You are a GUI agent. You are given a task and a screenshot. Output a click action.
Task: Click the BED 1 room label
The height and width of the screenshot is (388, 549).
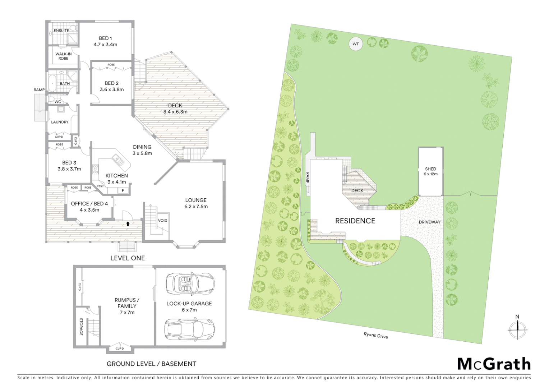point(105,41)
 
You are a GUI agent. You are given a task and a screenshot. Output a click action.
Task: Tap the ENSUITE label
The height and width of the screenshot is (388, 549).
point(61,31)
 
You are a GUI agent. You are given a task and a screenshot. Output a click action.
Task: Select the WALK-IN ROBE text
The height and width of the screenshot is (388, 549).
point(63,56)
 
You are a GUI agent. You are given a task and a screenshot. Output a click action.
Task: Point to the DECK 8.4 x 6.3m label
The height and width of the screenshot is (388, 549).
point(175,108)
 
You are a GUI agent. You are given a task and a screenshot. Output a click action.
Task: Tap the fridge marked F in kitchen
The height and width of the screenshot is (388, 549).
point(123,190)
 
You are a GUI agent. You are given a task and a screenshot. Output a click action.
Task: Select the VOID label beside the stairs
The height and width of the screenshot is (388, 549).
point(162,221)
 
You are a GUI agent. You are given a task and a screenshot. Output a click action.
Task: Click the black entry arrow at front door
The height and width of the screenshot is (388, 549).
point(128,224)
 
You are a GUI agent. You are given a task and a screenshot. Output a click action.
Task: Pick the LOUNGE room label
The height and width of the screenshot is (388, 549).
point(196,203)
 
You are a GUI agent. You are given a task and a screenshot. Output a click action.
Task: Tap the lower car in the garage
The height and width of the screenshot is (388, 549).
point(189,328)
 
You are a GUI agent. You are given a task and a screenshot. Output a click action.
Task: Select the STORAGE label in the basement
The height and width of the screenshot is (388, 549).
point(81,327)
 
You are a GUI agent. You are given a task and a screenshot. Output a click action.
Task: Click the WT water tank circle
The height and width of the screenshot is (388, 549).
point(355,44)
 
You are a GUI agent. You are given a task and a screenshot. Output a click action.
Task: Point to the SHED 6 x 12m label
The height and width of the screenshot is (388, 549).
point(430,171)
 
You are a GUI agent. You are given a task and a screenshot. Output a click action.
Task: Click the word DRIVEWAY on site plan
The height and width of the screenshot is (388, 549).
point(429,222)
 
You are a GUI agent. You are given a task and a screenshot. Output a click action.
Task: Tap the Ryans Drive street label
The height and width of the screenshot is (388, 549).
point(376,336)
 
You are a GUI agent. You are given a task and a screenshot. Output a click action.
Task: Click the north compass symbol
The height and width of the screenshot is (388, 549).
point(517,328)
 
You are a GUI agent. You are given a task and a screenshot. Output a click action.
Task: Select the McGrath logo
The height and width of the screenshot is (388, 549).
point(494,364)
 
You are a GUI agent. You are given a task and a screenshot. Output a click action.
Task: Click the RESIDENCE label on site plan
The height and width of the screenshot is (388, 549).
point(355,221)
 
